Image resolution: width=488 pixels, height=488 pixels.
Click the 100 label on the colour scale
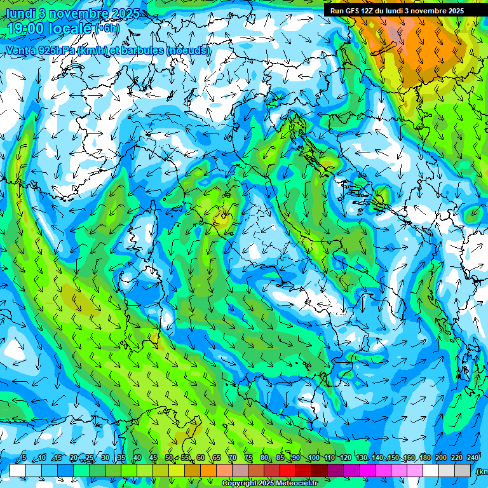tap(314, 458)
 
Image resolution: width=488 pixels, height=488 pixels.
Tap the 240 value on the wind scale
tap(473, 458)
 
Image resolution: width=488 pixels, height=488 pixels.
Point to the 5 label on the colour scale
tap(24, 458)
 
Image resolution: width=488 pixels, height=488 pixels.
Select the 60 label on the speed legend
tap(201, 458)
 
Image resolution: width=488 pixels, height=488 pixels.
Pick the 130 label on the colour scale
tap(362, 458)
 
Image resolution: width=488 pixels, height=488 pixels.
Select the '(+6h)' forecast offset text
tap(107, 28)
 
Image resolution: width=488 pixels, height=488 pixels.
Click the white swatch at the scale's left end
tap(18, 470)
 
